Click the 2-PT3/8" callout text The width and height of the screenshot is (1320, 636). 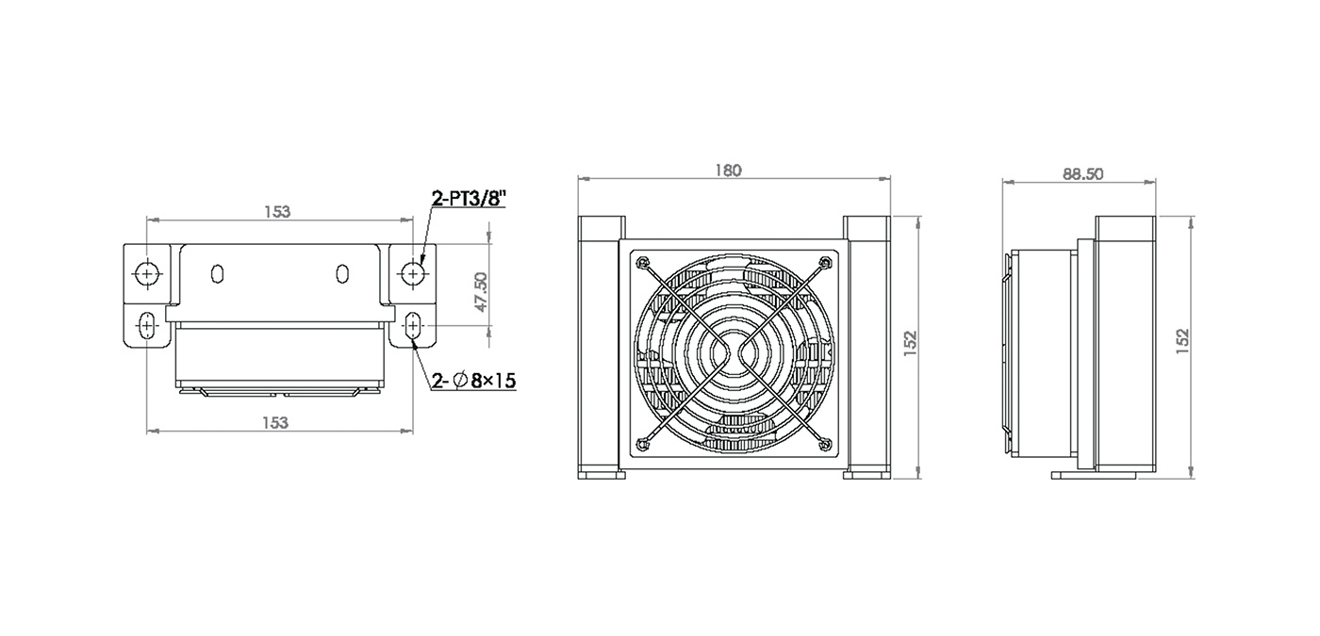(x=470, y=199)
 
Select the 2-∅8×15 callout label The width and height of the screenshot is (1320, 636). (x=473, y=381)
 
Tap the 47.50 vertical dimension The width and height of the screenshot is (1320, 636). (x=480, y=292)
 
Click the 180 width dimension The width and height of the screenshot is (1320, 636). (x=728, y=171)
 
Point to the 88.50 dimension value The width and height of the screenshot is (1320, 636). (x=1082, y=174)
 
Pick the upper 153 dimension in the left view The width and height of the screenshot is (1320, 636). (x=277, y=211)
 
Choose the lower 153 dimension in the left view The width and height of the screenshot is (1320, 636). (x=275, y=423)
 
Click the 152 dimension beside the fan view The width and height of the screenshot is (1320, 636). (x=910, y=343)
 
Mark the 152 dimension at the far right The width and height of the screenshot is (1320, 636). (x=1182, y=341)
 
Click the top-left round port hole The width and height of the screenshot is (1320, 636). (x=146, y=273)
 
